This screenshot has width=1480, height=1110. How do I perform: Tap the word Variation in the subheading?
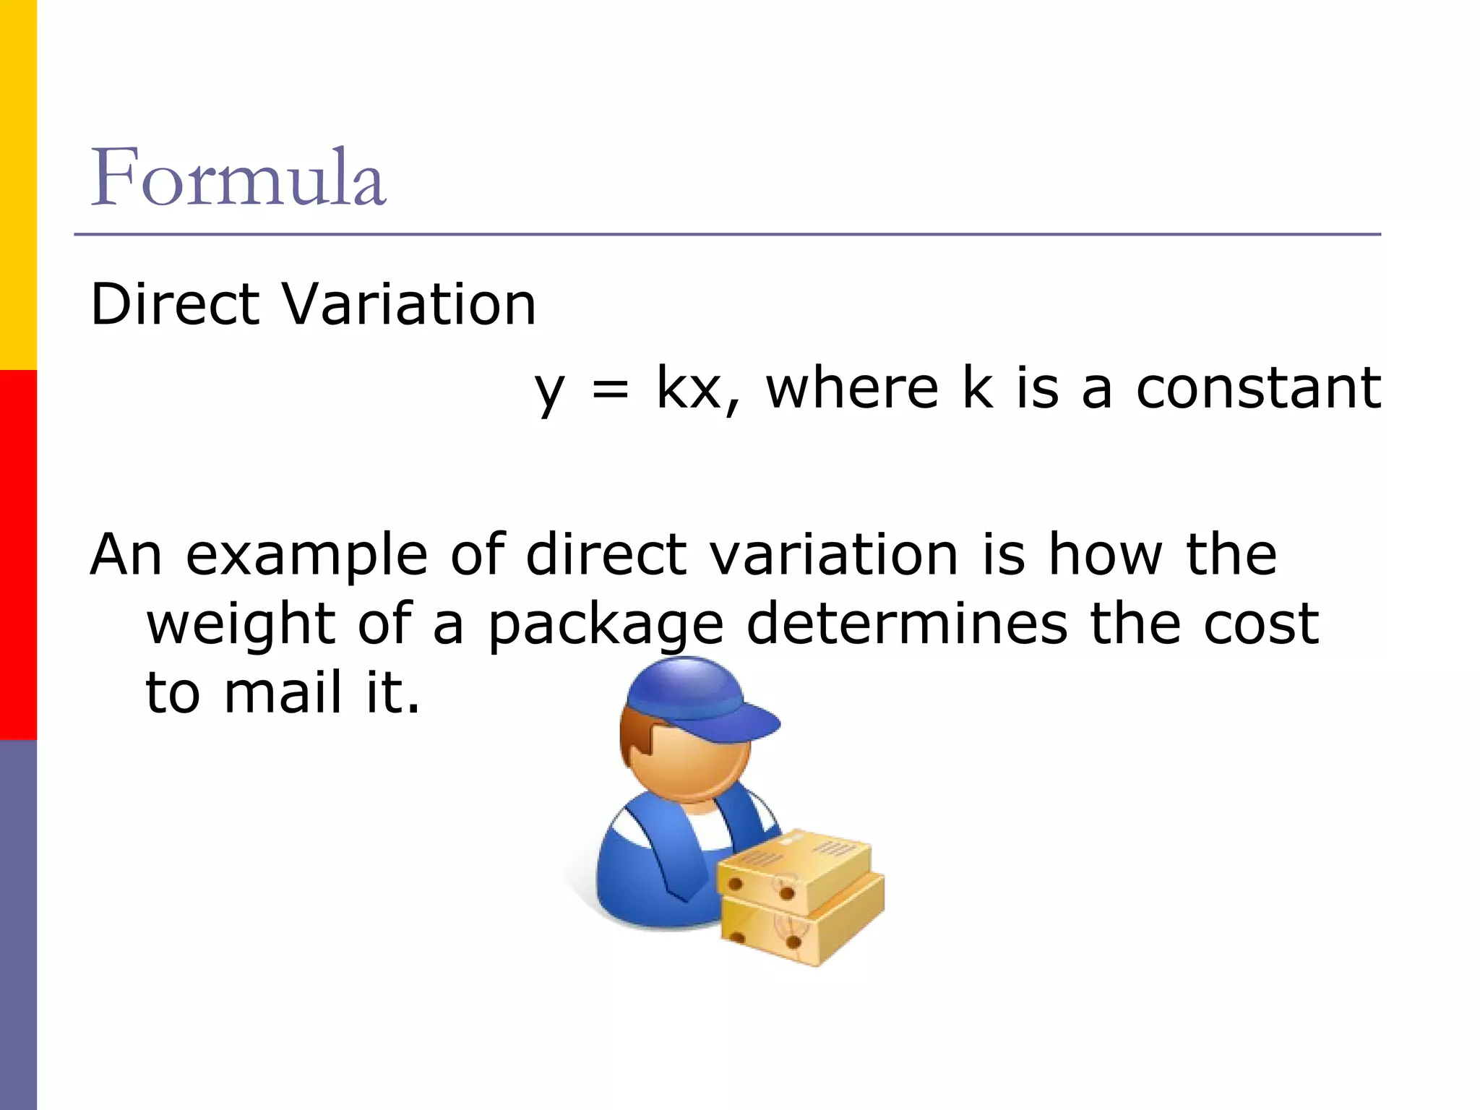[x=409, y=304]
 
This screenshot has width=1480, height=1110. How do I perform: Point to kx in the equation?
[x=689, y=389]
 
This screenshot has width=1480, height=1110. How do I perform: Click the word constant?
[x=1258, y=388]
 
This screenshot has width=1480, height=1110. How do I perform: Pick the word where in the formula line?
[x=853, y=388]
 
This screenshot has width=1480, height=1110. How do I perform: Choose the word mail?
[x=283, y=692]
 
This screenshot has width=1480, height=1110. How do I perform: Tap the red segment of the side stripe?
[x=18, y=555]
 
